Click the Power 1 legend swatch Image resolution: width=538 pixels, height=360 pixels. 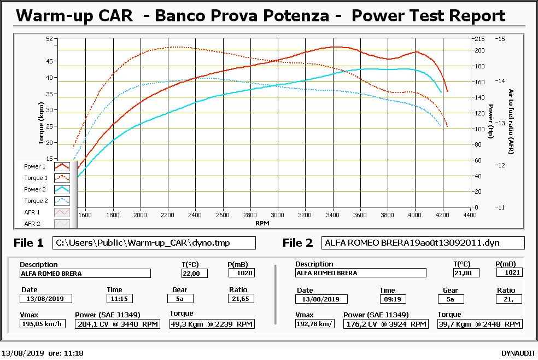pos(62,166)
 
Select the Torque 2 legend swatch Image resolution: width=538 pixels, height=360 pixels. pos(62,201)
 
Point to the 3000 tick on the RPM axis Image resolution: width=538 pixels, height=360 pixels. pos(277,215)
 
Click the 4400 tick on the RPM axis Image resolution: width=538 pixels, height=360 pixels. pos(470,215)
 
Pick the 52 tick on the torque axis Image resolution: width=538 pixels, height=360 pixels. pos(49,39)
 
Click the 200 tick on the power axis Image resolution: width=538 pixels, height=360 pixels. pos(479,50)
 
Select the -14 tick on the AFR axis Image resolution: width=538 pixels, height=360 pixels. pos(500,81)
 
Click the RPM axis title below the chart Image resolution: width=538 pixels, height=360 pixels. pos(262,223)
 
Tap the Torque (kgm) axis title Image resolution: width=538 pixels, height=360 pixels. pos(41,123)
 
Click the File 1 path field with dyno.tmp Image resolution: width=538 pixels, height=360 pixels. pos(154,243)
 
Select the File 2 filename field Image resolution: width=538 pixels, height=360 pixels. pos(423,243)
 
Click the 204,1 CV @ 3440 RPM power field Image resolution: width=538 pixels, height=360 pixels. pos(118,324)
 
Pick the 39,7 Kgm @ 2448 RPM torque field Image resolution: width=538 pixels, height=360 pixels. pos(480,324)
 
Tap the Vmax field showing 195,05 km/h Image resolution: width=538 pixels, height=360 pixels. pos(43,324)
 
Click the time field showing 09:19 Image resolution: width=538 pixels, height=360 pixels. pos(393,299)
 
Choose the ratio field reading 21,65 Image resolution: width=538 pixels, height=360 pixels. pos(241,299)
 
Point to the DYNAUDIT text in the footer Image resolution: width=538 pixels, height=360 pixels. pos(518,353)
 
